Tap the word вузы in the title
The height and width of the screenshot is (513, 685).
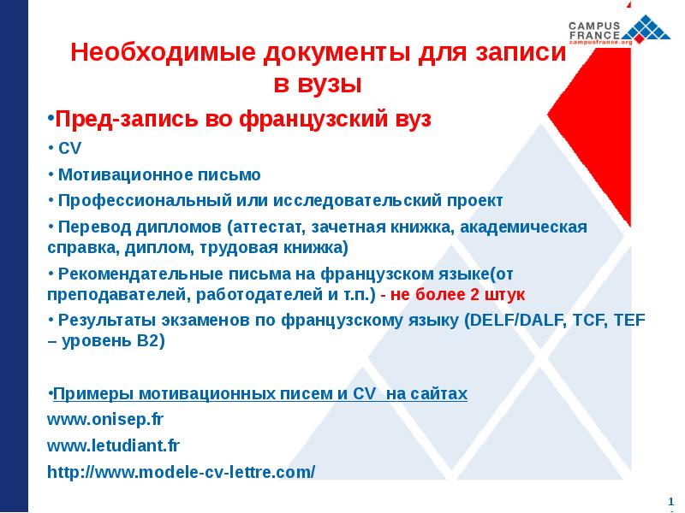tap(333, 85)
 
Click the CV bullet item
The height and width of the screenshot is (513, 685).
tap(68, 148)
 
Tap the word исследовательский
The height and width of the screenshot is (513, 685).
tap(358, 201)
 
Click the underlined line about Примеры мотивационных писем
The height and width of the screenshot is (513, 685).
tap(259, 394)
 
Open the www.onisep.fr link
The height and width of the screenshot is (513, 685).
tap(105, 420)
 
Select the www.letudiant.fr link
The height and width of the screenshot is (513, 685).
tap(113, 445)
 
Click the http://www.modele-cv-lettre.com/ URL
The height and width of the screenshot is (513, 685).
tap(181, 471)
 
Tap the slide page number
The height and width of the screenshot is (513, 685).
tap(670, 500)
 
